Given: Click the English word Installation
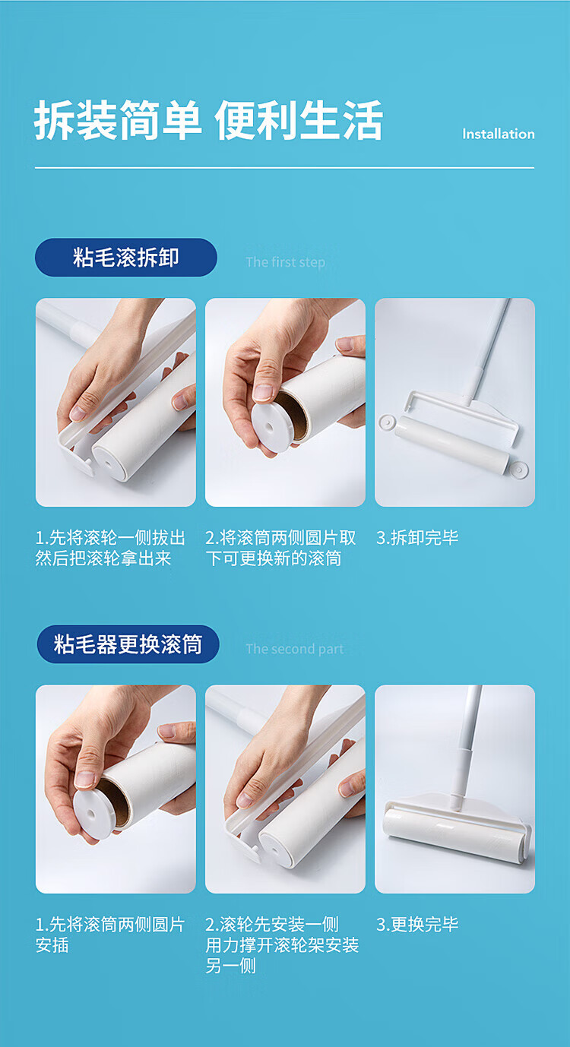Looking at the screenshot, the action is [x=498, y=134].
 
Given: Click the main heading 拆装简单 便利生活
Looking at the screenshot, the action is [x=208, y=120].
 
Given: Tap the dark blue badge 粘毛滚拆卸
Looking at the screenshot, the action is [x=126, y=257].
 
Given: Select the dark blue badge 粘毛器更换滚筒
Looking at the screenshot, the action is [x=128, y=644].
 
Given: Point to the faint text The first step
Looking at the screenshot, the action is [x=285, y=261].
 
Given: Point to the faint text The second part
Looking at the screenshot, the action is [x=295, y=649].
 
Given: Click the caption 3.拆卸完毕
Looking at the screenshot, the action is [x=417, y=537].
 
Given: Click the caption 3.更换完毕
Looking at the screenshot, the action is [x=417, y=924].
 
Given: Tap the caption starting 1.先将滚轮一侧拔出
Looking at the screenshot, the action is [x=110, y=548].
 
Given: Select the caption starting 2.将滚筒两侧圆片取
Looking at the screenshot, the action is [x=280, y=548].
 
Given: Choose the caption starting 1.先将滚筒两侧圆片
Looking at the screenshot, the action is [x=110, y=935].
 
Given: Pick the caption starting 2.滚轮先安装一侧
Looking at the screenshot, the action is [x=282, y=944].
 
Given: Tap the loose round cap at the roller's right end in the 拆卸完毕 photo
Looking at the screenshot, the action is [x=519, y=469].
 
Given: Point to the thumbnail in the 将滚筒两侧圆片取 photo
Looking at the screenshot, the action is [x=263, y=392].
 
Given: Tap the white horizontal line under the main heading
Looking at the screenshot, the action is [x=284, y=167].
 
